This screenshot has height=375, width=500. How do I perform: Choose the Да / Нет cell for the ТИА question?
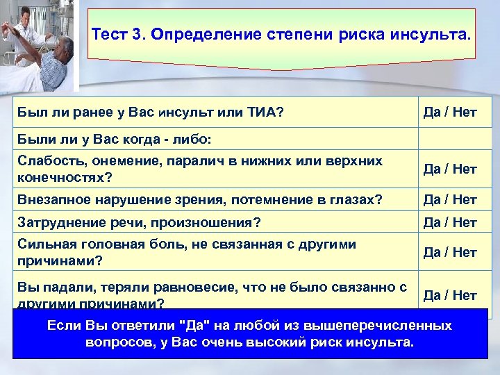[x=450, y=112]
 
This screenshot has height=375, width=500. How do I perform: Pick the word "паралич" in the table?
[x=183, y=160]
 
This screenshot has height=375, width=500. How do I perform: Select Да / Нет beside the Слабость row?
[x=450, y=168]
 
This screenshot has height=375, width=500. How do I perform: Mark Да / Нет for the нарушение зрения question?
[x=450, y=200]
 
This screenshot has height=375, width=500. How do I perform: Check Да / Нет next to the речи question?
[x=450, y=223]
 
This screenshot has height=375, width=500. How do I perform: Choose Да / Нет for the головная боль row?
[x=450, y=252]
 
